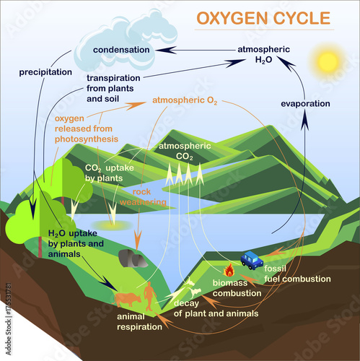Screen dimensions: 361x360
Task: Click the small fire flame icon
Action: click(x=229, y=271)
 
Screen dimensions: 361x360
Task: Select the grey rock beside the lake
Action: click(x=133, y=258)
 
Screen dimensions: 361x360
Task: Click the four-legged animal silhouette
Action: click(x=127, y=299)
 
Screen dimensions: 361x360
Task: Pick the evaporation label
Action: click(x=304, y=103)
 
